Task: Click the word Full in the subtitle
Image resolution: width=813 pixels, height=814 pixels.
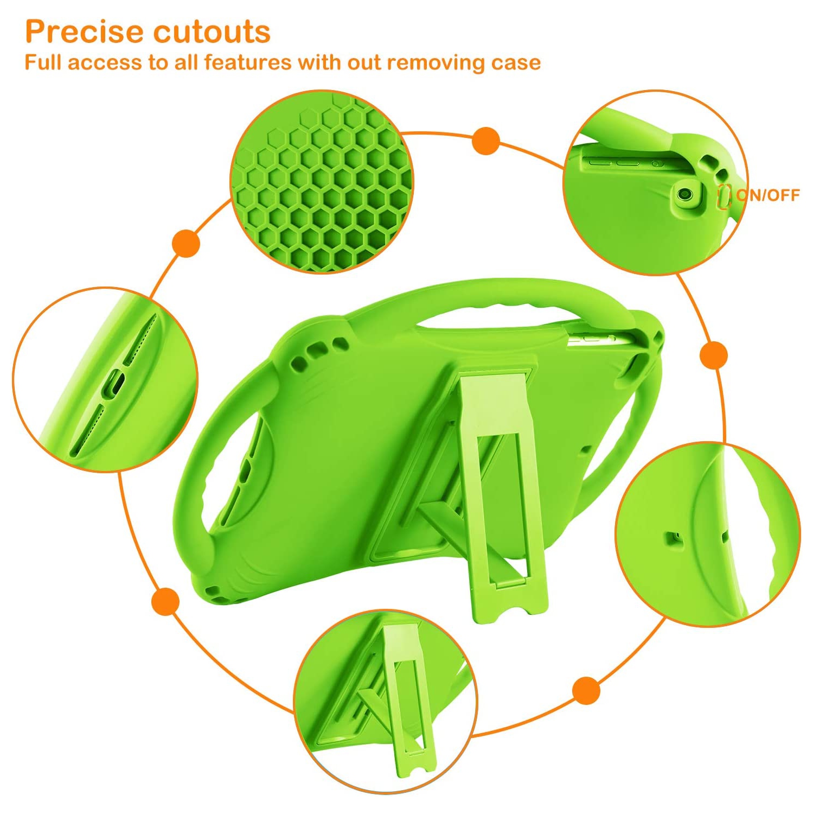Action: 43,62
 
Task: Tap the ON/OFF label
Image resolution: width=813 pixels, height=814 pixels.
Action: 768,195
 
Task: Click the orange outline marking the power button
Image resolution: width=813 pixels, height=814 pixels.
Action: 724,196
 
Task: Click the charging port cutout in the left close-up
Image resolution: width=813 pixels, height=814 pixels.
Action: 114,384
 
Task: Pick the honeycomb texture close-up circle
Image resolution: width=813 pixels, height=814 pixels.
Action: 322,182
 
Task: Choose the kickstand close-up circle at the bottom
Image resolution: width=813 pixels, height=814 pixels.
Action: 386,701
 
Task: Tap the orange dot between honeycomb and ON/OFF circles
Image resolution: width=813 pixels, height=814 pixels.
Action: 486,141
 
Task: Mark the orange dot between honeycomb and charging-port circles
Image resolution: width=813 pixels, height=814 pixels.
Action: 186,243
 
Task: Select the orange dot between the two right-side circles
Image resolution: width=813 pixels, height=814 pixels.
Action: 713,355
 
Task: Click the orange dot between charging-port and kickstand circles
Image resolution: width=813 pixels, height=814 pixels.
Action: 166,601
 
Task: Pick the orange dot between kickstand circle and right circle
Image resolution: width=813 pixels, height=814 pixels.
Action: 586,690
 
